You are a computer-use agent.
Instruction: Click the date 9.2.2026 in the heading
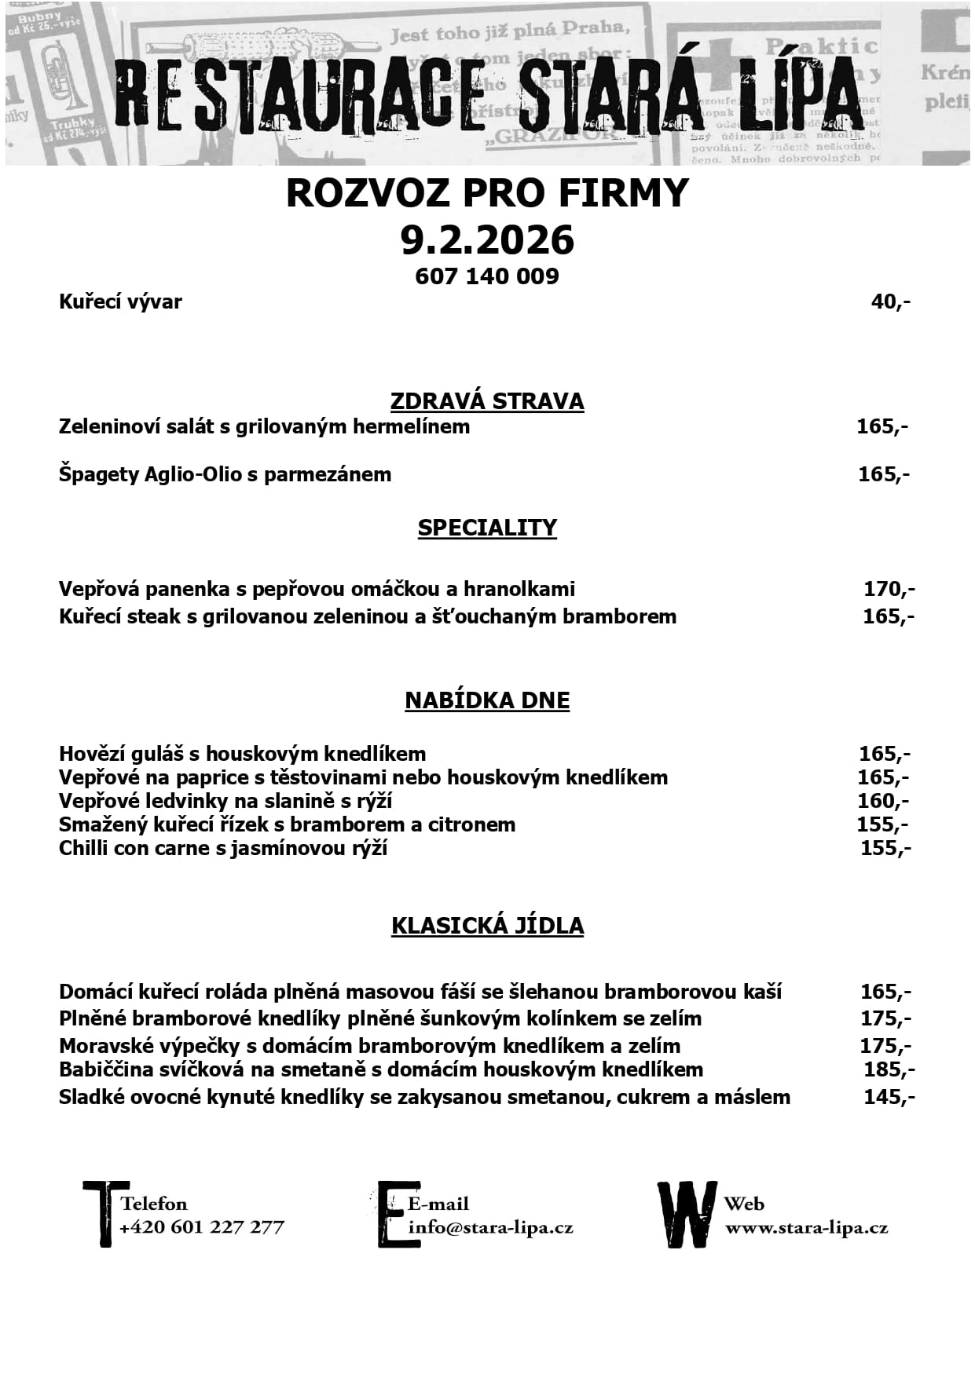[x=487, y=239]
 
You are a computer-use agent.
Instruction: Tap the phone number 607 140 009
[x=487, y=276]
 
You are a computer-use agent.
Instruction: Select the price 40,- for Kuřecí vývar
[x=890, y=302]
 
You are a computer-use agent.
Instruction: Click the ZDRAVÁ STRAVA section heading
[x=487, y=401]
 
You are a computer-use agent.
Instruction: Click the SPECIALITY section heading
[x=487, y=528]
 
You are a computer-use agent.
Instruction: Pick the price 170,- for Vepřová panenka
[x=889, y=589]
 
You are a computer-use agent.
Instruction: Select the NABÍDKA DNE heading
[x=487, y=700]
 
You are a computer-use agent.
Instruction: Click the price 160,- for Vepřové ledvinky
[x=882, y=801]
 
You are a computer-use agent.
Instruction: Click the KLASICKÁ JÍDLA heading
[x=487, y=926]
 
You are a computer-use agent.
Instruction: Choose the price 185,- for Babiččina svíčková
[x=889, y=1069]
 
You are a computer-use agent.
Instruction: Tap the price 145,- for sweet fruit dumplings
[x=889, y=1097]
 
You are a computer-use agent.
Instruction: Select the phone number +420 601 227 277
[x=202, y=1227]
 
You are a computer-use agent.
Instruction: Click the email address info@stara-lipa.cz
[x=491, y=1228]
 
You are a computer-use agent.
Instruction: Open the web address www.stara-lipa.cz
[x=806, y=1228]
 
